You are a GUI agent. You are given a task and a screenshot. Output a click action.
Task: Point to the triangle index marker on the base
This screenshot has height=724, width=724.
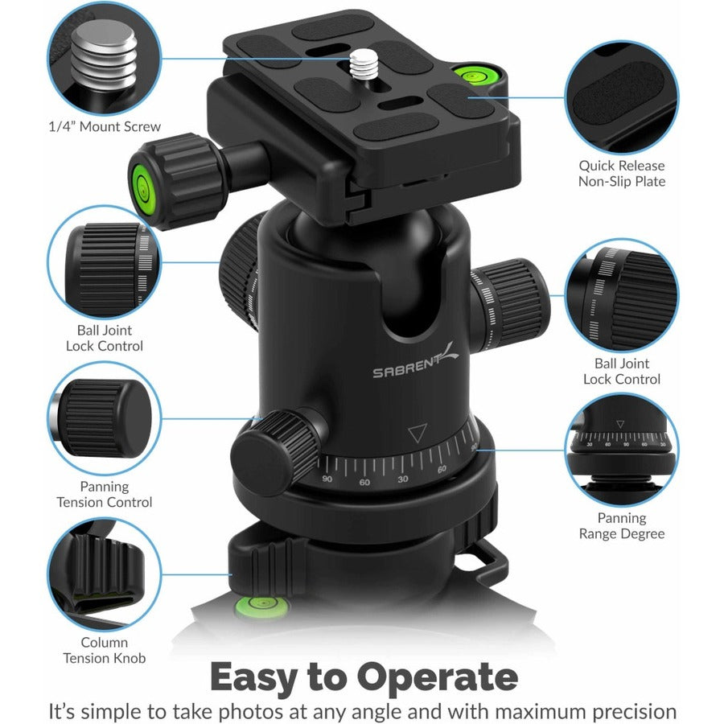[416, 435]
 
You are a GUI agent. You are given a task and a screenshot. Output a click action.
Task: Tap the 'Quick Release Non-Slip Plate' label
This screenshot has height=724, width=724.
[621, 174]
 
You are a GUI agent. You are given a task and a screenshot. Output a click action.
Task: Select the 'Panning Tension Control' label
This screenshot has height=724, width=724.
[104, 495]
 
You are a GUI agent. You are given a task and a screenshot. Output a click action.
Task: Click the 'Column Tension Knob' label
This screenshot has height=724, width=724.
[104, 650]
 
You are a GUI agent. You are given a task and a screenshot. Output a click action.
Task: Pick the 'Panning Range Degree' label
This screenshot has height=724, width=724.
[621, 526]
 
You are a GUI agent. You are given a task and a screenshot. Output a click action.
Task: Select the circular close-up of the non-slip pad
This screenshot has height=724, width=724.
[621, 97]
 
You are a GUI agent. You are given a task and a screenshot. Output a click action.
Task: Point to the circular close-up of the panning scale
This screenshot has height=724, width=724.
[621, 450]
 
